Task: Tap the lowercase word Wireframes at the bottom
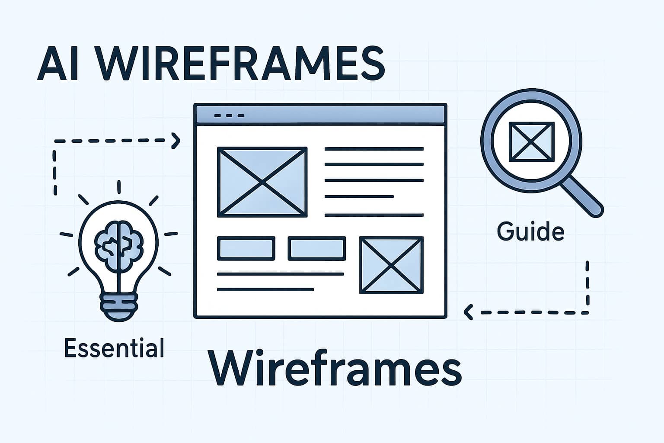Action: tap(335, 369)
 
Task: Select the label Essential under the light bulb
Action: tap(114, 348)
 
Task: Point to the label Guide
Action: tap(530, 231)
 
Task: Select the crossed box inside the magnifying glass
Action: tap(531, 141)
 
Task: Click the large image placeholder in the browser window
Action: tap(262, 182)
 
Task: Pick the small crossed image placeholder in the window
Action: tap(391, 265)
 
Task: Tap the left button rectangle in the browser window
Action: tap(246, 248)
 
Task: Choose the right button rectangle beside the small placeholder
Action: tap(317, 248)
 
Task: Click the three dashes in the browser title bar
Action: tap(229, 116)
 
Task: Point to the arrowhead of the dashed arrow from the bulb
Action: tap(176, 140)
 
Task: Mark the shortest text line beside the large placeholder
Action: tap(359, 197)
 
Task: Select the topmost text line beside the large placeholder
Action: tap(374, 149)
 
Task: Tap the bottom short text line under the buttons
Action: tap(265, 289)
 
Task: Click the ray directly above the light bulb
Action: tap(119, 187)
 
